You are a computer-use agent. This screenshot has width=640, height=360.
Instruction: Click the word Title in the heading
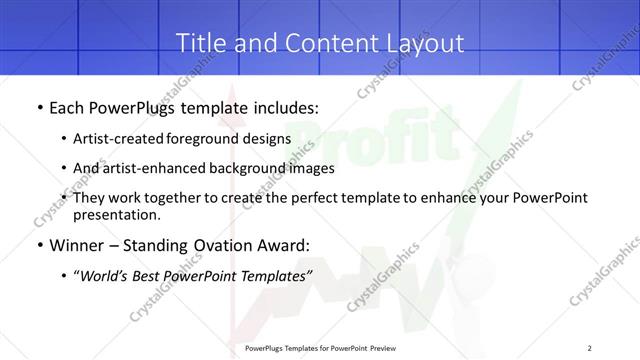pos(198,43)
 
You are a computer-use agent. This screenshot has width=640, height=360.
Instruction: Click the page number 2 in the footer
pos(590,348)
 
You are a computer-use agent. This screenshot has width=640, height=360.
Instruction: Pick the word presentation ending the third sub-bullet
pos(117,214)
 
